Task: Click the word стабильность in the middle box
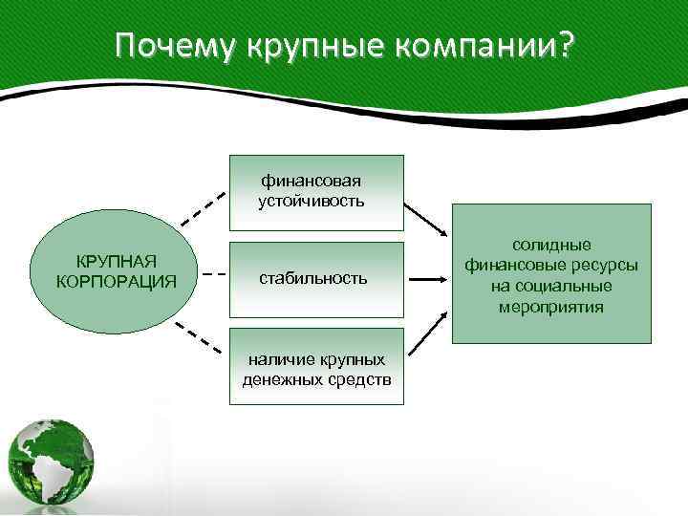(x=314, y=279)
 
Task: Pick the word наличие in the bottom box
(x=276, y=360)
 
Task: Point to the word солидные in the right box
(x=551, y=246)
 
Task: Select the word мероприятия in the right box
(x=551, y=307)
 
